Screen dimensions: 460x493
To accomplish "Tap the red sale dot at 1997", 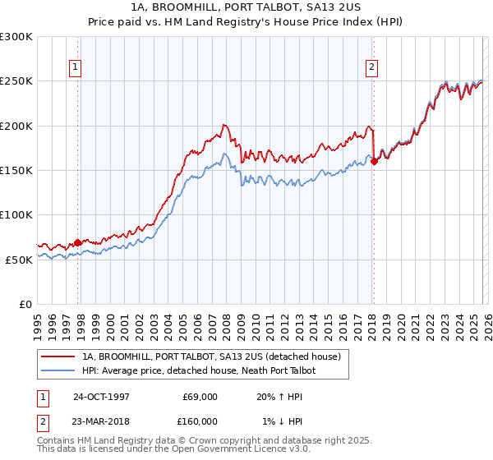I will point(78,242).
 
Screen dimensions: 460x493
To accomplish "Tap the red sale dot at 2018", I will point(374,162).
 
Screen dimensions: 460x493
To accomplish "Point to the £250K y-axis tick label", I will point(16,81).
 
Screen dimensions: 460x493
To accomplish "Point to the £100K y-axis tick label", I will point(16,214).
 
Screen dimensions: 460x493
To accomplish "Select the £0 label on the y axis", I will point(25,304).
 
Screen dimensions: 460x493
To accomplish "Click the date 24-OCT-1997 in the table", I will point(101,396).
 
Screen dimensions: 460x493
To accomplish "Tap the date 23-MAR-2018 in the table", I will point(101,421).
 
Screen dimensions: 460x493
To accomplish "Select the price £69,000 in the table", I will point(200,396).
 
